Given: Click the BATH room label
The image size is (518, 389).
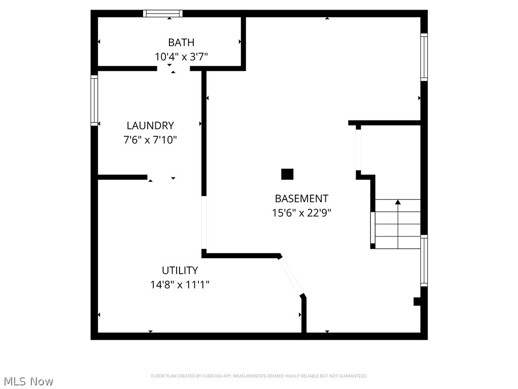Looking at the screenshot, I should (x=181, y=43).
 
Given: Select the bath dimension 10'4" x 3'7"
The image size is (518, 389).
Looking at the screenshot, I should (x=181, y=57).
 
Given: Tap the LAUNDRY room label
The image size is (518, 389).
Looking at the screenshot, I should (x=150, y=126).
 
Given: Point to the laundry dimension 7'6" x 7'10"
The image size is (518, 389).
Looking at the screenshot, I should (x=150, y=140).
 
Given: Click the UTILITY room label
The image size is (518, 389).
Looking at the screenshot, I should (x=180, y=270).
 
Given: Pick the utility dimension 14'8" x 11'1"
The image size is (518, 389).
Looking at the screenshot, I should (x=180, y=285).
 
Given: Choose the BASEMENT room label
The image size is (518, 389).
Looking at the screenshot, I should (x=301, y=199).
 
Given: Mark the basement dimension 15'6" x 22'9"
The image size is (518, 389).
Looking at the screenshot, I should (x=301, y=213).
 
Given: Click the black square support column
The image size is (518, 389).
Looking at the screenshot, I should (x=287, y=174).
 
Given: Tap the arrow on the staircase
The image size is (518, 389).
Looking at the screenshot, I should (x=398, y=203).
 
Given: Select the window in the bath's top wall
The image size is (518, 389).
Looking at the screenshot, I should (x=162, y=14).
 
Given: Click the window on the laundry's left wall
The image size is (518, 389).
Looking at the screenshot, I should (x=94, y=100).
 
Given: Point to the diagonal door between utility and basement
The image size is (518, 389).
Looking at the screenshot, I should (x=291, y=276).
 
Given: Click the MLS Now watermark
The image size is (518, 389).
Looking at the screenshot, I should (x=28, y=381).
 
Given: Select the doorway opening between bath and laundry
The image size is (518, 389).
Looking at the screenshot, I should (x=173, y=68).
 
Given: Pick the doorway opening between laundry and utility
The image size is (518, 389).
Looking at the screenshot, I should (x=162, y=177).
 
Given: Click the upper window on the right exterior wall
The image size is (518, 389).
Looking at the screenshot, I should (x=424, y=57).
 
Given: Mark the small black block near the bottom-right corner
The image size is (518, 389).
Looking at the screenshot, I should (x=417, y=301).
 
